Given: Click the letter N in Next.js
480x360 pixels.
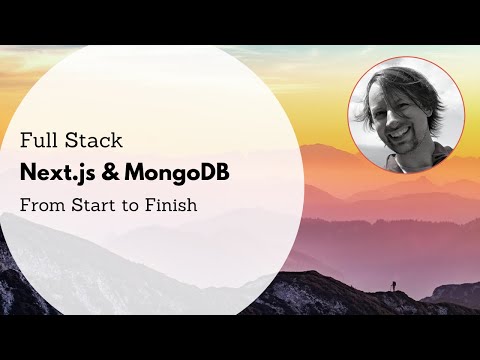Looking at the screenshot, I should [x=29, y=172].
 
